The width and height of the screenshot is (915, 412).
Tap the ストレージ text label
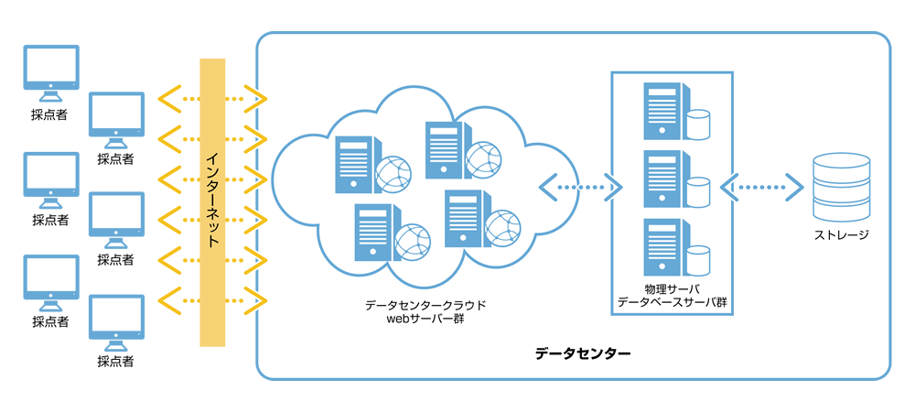click(x=838, y=235)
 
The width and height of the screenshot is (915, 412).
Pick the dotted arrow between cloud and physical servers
click(x=581, y=188)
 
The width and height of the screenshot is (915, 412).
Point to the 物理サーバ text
click(x=672, y=288)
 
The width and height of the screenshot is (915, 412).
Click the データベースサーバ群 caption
click(x=672, y=301)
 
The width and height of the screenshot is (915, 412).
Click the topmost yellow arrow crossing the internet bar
click(x=211, y=97)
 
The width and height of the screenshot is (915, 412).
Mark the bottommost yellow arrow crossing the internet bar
click(x=211, y=298)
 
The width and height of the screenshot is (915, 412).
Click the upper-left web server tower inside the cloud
click(x=353, y=164)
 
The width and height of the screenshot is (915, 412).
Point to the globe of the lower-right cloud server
click(x=502, y=229)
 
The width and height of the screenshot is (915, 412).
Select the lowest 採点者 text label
click(x=115, y=361)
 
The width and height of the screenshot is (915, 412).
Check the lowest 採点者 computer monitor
click(x=115, y=321)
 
